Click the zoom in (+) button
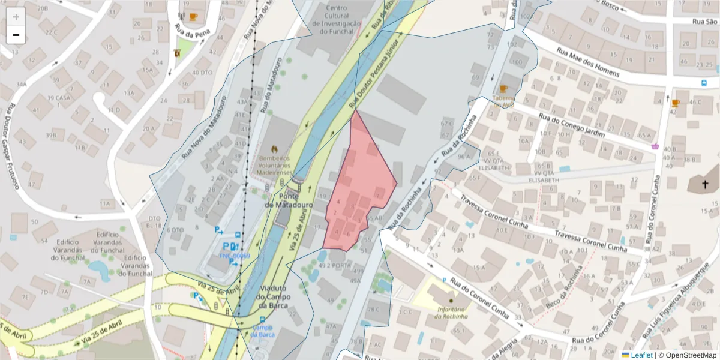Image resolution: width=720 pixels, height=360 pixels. pyautogui.click(x=16, y=17)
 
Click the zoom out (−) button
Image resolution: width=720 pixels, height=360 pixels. pyautogui.click(x=16, y=35)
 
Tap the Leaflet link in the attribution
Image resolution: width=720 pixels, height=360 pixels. pyautogui.click(x=641, y=355)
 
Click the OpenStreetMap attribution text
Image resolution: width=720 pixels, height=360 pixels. pyautogui.click(x=687, y=355)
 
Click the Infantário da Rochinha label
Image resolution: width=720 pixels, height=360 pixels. pyautogui.click(x=448, y=313)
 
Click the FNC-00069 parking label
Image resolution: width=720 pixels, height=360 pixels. pyautogui.click(x=234, y=256)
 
